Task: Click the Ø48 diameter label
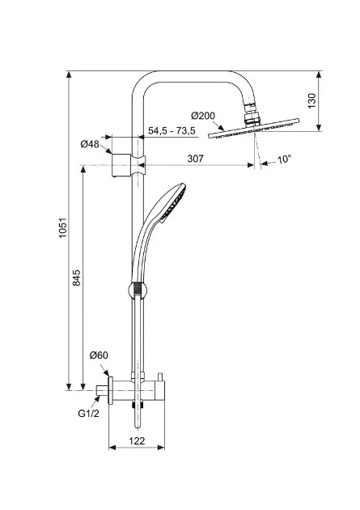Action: click(x=90, y=144)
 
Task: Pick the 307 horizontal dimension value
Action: click(x=195, y=159)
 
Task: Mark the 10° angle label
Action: click(x=284, y=159)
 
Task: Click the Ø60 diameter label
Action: click(x=99, y=355)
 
